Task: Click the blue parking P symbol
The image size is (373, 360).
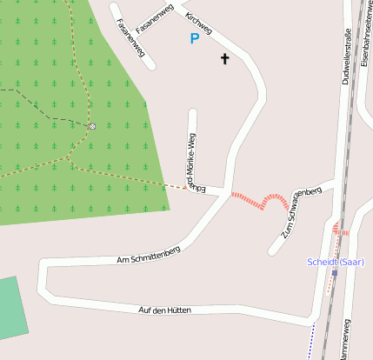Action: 195,38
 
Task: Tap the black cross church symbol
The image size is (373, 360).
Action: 225,59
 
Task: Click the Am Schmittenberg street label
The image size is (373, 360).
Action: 149,255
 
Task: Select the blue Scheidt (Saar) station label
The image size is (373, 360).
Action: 336,262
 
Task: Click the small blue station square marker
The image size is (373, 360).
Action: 334,273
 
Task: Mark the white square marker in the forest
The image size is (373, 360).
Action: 92,126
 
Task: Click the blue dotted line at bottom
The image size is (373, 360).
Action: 311,340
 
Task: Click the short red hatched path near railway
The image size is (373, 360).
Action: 341,231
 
